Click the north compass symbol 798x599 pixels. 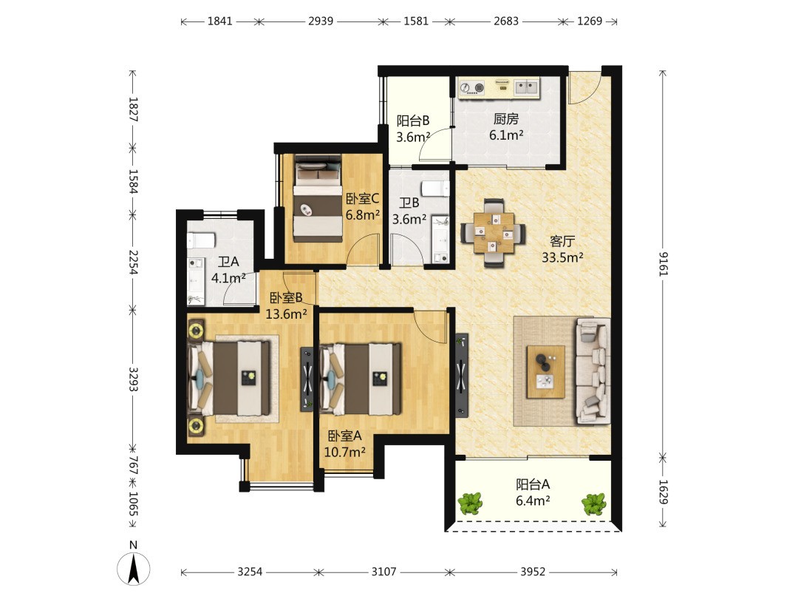[x=133, y=569]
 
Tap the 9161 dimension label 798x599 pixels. [x=663, y=264]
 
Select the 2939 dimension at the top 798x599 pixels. [x=321, y=21]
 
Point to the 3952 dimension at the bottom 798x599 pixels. [x=533, y=572]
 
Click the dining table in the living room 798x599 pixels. [x=494, y=233]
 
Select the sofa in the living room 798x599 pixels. [x=593, y=371]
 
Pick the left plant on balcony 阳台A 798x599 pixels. [x=470, y=504]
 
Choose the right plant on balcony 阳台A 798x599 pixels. [x=594, y=504]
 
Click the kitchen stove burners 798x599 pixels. [x=472, y=88]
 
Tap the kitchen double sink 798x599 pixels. [x=526, y=87]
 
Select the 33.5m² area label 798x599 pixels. [x=562, y=258]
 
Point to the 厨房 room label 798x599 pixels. [x=506, y=118]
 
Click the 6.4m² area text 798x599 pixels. [x=532, y=501]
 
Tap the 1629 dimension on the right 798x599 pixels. [x=663, y=492]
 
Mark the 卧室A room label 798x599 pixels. [x=344, y=436]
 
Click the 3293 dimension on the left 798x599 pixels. [x=133, y=379]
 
